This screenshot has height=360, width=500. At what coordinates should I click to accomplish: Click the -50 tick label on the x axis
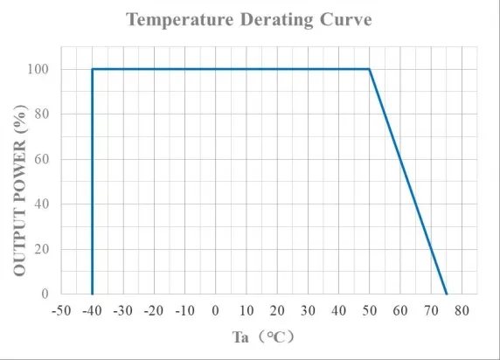[60, 311]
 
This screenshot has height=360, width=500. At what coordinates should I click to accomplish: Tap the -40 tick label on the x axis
[91, 311]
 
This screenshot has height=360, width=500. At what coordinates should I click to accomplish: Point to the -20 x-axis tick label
[153, 311]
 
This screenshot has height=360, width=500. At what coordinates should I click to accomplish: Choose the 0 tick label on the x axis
[216, 311]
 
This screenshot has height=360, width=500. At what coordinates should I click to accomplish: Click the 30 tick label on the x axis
[308, 311]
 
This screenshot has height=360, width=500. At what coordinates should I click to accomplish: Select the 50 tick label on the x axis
[370, 311]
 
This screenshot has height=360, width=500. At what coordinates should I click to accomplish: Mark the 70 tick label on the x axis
[431, 311]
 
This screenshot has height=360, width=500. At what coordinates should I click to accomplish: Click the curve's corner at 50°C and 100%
[370, 69]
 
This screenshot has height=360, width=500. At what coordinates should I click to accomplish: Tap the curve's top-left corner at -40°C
[92, 69]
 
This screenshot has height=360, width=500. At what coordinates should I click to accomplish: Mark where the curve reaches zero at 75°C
[447, 294]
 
